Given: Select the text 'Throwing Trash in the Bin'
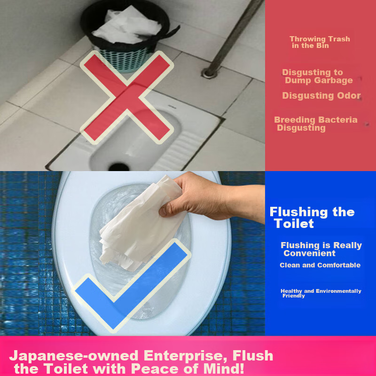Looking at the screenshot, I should (319, 42).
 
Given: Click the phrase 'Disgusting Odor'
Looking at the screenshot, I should (321, 95).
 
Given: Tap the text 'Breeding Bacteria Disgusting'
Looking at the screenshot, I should (315, 124).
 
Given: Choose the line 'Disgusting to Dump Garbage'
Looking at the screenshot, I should (318, 76).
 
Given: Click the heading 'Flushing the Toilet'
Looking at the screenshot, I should (312, 218).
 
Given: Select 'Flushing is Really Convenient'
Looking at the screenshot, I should (321, 249).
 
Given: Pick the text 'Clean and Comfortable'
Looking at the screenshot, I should (320, 265).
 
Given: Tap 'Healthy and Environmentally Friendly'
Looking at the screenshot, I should (321, 293).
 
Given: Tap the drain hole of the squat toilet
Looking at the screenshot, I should (116, 166).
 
